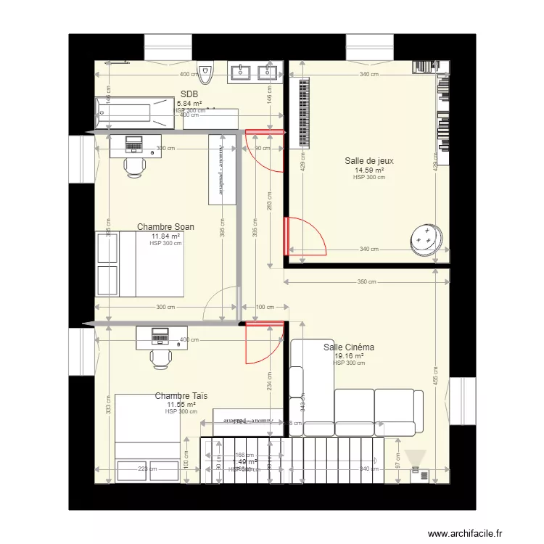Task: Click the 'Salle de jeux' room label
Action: pos(368,162)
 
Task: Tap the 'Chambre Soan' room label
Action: pos(165,227)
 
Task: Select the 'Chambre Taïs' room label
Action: pos(181,396)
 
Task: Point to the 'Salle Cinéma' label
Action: pos(349,347)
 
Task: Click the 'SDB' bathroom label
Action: pos(189,94)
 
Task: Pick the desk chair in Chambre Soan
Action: pos(134,166)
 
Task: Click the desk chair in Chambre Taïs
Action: pos(160,358)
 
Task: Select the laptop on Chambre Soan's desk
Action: pos(134,143)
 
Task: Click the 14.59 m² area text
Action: pos(368,170)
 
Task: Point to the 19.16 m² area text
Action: pos(349,356)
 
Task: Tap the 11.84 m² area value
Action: pos(165,236)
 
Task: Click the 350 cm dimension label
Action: pos(367,281)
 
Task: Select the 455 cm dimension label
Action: pos(436,377)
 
